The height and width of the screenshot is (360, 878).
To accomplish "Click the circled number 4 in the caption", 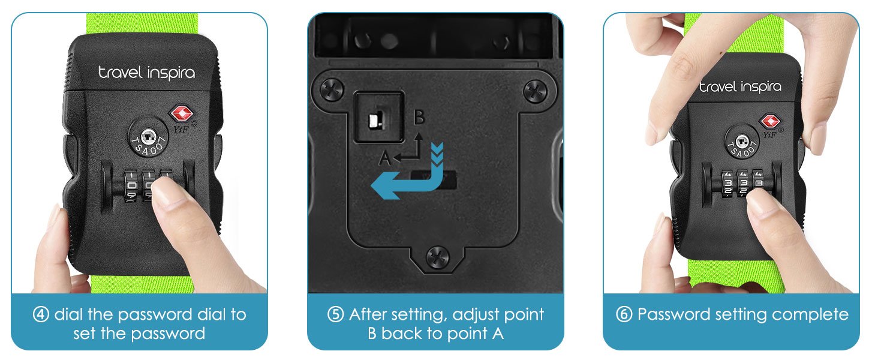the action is (x=41, y=314).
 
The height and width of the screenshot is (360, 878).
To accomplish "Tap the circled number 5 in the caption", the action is (x=335, y=314).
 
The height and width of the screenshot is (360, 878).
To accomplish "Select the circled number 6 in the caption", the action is (x=624, y=314).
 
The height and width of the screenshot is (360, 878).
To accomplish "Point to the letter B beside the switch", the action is (x=419, y=117).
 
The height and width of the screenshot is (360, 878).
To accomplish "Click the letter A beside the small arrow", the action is (x=385, y=158).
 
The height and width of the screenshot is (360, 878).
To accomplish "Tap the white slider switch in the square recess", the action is (x=375, y=120).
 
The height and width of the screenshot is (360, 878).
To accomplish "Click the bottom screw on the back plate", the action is (x=437, y=257).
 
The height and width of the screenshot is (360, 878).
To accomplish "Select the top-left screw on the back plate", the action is (x=332, y=90).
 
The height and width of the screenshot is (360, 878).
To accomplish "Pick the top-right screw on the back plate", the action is (x=535, y=91).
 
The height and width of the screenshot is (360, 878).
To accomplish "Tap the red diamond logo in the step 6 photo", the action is (x=769, y=121).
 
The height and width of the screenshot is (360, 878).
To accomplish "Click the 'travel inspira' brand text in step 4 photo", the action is (x=146, y=73).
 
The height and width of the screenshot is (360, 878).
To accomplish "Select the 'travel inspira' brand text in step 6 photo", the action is (x=741, y=86).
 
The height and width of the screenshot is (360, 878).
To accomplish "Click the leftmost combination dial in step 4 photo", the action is (x=131, y=185).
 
